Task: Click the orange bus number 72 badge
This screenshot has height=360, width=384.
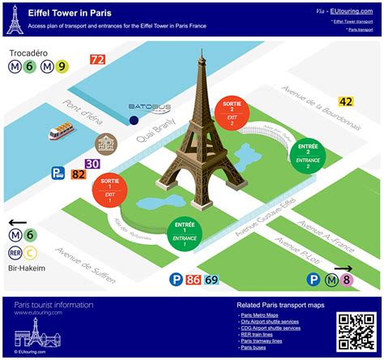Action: coord(97,59)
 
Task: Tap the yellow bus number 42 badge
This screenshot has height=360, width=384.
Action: coord(346,101)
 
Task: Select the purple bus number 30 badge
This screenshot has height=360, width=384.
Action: coord(92,164)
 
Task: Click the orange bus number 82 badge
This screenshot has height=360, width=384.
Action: coord(79,173)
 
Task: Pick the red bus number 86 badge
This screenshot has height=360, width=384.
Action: coord(194,280)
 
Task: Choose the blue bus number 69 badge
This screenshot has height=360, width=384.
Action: coord(211,280)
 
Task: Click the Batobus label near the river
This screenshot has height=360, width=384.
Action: coord(145,106)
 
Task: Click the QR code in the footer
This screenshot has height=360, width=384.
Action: coord(354,329)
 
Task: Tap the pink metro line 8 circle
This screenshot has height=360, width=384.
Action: coord(346,281)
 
